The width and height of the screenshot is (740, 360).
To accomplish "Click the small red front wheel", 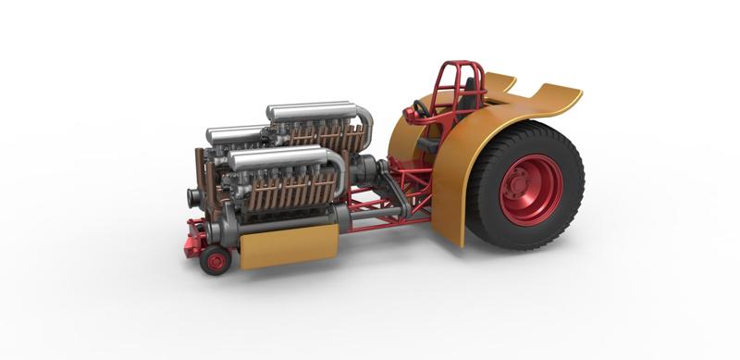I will click(216, 261).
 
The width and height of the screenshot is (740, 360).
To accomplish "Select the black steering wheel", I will click(422, 110).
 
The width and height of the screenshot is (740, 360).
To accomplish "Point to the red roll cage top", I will click(461, 69).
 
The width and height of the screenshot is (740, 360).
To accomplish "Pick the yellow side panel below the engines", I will click(287, 245).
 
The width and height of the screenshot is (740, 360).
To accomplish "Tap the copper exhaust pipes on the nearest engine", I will click(287, 194).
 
